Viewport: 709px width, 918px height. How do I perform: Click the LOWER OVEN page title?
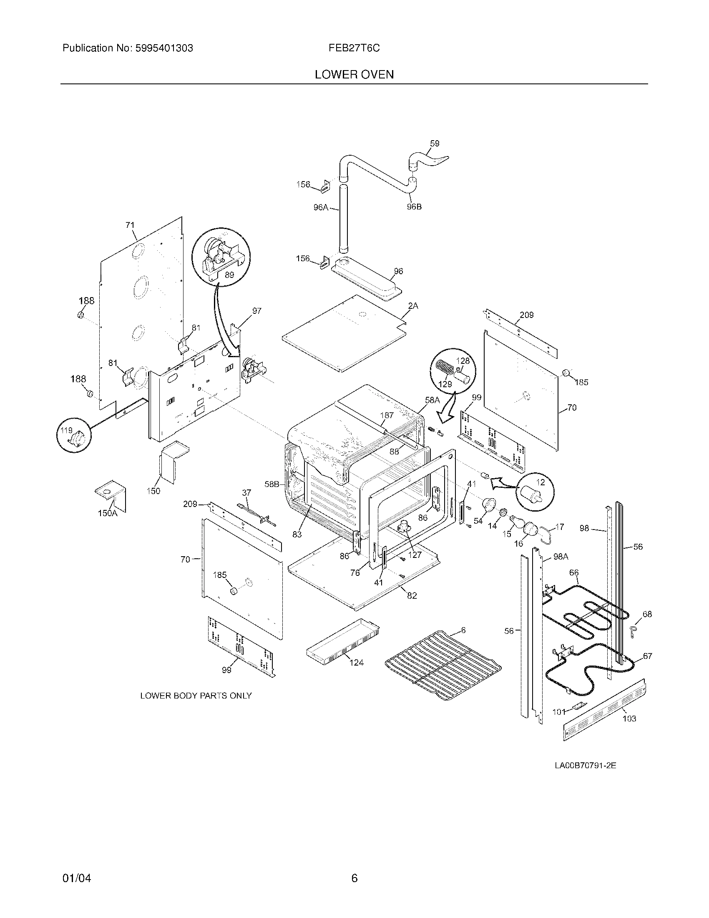pyautogui.click(x=354, y=74)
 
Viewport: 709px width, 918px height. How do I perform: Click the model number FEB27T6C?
pyautogui.click(x=354, y=48)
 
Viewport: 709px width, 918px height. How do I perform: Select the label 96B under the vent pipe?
pyautogui.click(x=414, y=207)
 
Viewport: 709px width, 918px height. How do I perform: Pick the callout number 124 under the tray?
pyautogui.click(x=356, y=663)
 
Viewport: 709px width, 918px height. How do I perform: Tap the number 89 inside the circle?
pyautogui.click(x=229, y=275)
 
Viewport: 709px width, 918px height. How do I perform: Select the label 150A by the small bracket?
pyautogui.click(x=107, y=513)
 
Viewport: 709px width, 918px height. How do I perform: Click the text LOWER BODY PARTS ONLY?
pyautogui.click(x=196, y=696)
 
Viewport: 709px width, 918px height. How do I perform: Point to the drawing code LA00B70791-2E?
pyautogui.click(x=585, y=765)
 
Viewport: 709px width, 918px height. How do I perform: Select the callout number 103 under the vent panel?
pyautogui.click(x=629, y=719)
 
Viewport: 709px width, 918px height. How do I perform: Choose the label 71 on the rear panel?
pyautogui.click(x=130, y=225)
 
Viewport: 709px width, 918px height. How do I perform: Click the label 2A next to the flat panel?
pyautogui.click(x=413, y=306)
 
